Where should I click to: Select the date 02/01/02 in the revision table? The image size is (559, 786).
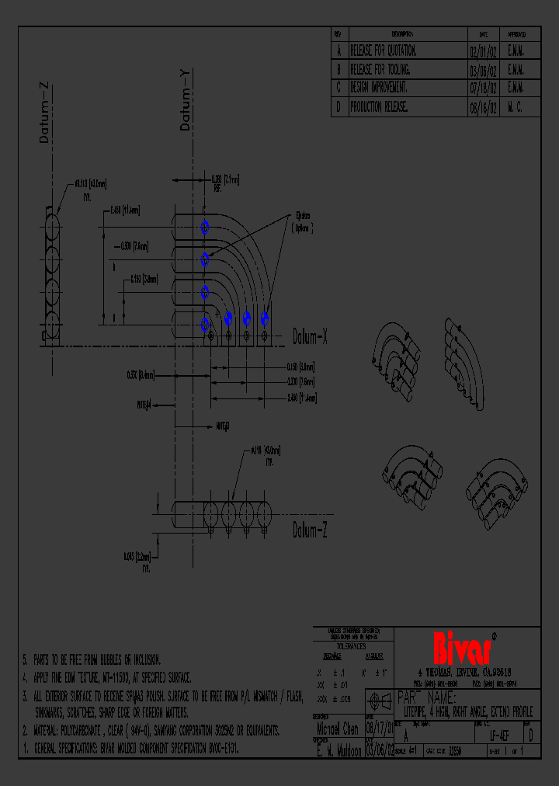pos(483,50)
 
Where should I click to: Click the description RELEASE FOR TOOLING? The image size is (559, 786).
pos(384,70)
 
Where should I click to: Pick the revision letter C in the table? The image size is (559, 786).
pos(339,89)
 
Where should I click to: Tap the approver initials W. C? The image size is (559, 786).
pos(515,108)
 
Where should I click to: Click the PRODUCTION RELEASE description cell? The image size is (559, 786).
pos(379,108)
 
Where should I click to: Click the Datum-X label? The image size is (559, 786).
pos(311,336)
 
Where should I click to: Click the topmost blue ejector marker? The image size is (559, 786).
pos(205,228)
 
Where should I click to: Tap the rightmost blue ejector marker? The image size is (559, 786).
pos(265,318)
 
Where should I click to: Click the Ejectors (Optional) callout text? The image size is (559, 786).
pos(300,223)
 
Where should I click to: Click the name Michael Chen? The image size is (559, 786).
pos(338,729)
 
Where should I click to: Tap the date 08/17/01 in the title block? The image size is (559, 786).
pos(379,729)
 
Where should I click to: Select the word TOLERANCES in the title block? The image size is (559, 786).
pos(351,645)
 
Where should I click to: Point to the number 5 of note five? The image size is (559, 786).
pos(25,659)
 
